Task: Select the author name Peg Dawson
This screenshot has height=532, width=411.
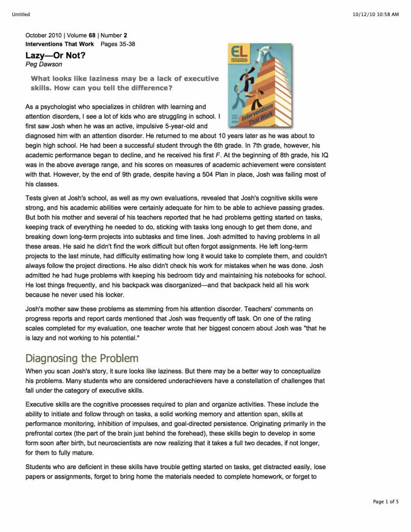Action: pyautogui.click(x=43, y=64)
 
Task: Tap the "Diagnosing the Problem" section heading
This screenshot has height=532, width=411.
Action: pyautogui.click(x=82, y=358)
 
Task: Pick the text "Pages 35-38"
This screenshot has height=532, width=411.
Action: pyautogui.click(x=118, y=44)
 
